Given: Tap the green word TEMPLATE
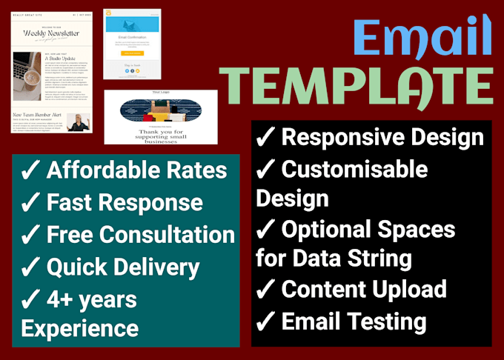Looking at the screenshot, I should (x=359, y=87).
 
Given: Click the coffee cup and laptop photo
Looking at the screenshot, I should (x=27, y=76).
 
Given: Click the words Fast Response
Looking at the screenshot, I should (x=125, y=203).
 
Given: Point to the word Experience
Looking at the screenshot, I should (x=79, y=328).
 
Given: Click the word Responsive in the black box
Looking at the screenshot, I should (x=342, y=138).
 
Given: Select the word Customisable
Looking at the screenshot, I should (x=354, y=170).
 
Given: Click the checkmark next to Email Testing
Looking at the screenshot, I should (x=266, y=322).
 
